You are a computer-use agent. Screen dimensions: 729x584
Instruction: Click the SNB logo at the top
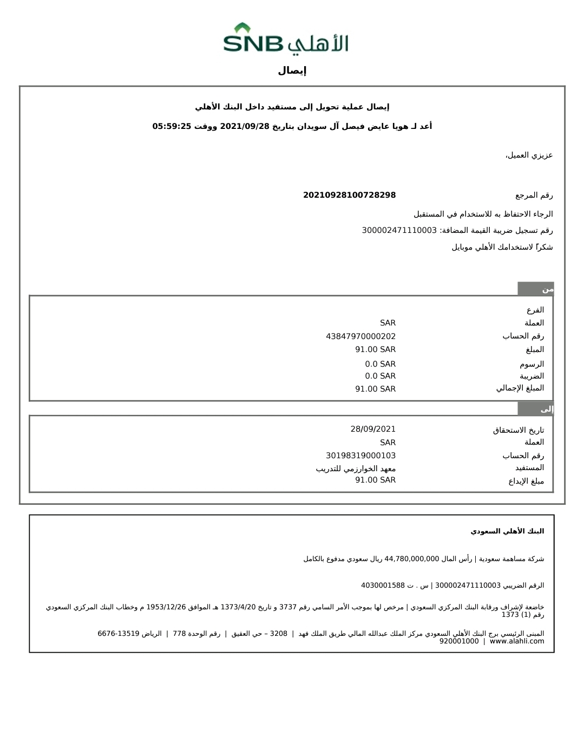pos(286,38)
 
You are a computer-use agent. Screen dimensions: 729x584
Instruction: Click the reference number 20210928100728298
pos(349,195)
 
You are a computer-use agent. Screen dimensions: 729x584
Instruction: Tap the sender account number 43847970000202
pos(360,336)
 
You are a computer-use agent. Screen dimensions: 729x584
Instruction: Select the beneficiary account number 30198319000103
pos(360,455)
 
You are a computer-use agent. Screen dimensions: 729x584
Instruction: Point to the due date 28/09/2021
pos(373,429)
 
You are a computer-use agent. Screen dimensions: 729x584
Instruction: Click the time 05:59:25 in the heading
pos(172,126)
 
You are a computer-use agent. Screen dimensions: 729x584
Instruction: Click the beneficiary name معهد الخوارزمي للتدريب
pos(356,468)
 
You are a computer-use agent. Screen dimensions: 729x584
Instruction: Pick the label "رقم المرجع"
pos(534,195)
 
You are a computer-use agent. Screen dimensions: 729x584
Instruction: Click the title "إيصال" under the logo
pos(292,70)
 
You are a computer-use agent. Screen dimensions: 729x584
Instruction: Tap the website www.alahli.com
pos(517,641)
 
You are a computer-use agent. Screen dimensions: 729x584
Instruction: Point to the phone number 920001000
pos(459,641)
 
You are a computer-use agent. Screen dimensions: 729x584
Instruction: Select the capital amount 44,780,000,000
pos(411,559)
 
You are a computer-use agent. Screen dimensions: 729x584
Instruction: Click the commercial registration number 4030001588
pos(383,585)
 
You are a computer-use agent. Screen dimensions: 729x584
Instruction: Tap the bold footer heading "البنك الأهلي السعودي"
pos(507,531)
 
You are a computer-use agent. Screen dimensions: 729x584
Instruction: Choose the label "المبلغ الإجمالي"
pos(520,388)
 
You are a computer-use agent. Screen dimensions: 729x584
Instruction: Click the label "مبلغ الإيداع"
pos(526,481)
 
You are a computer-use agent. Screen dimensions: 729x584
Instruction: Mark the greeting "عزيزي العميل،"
pos(529,155)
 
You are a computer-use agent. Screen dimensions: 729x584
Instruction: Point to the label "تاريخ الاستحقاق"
pos(518,430)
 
